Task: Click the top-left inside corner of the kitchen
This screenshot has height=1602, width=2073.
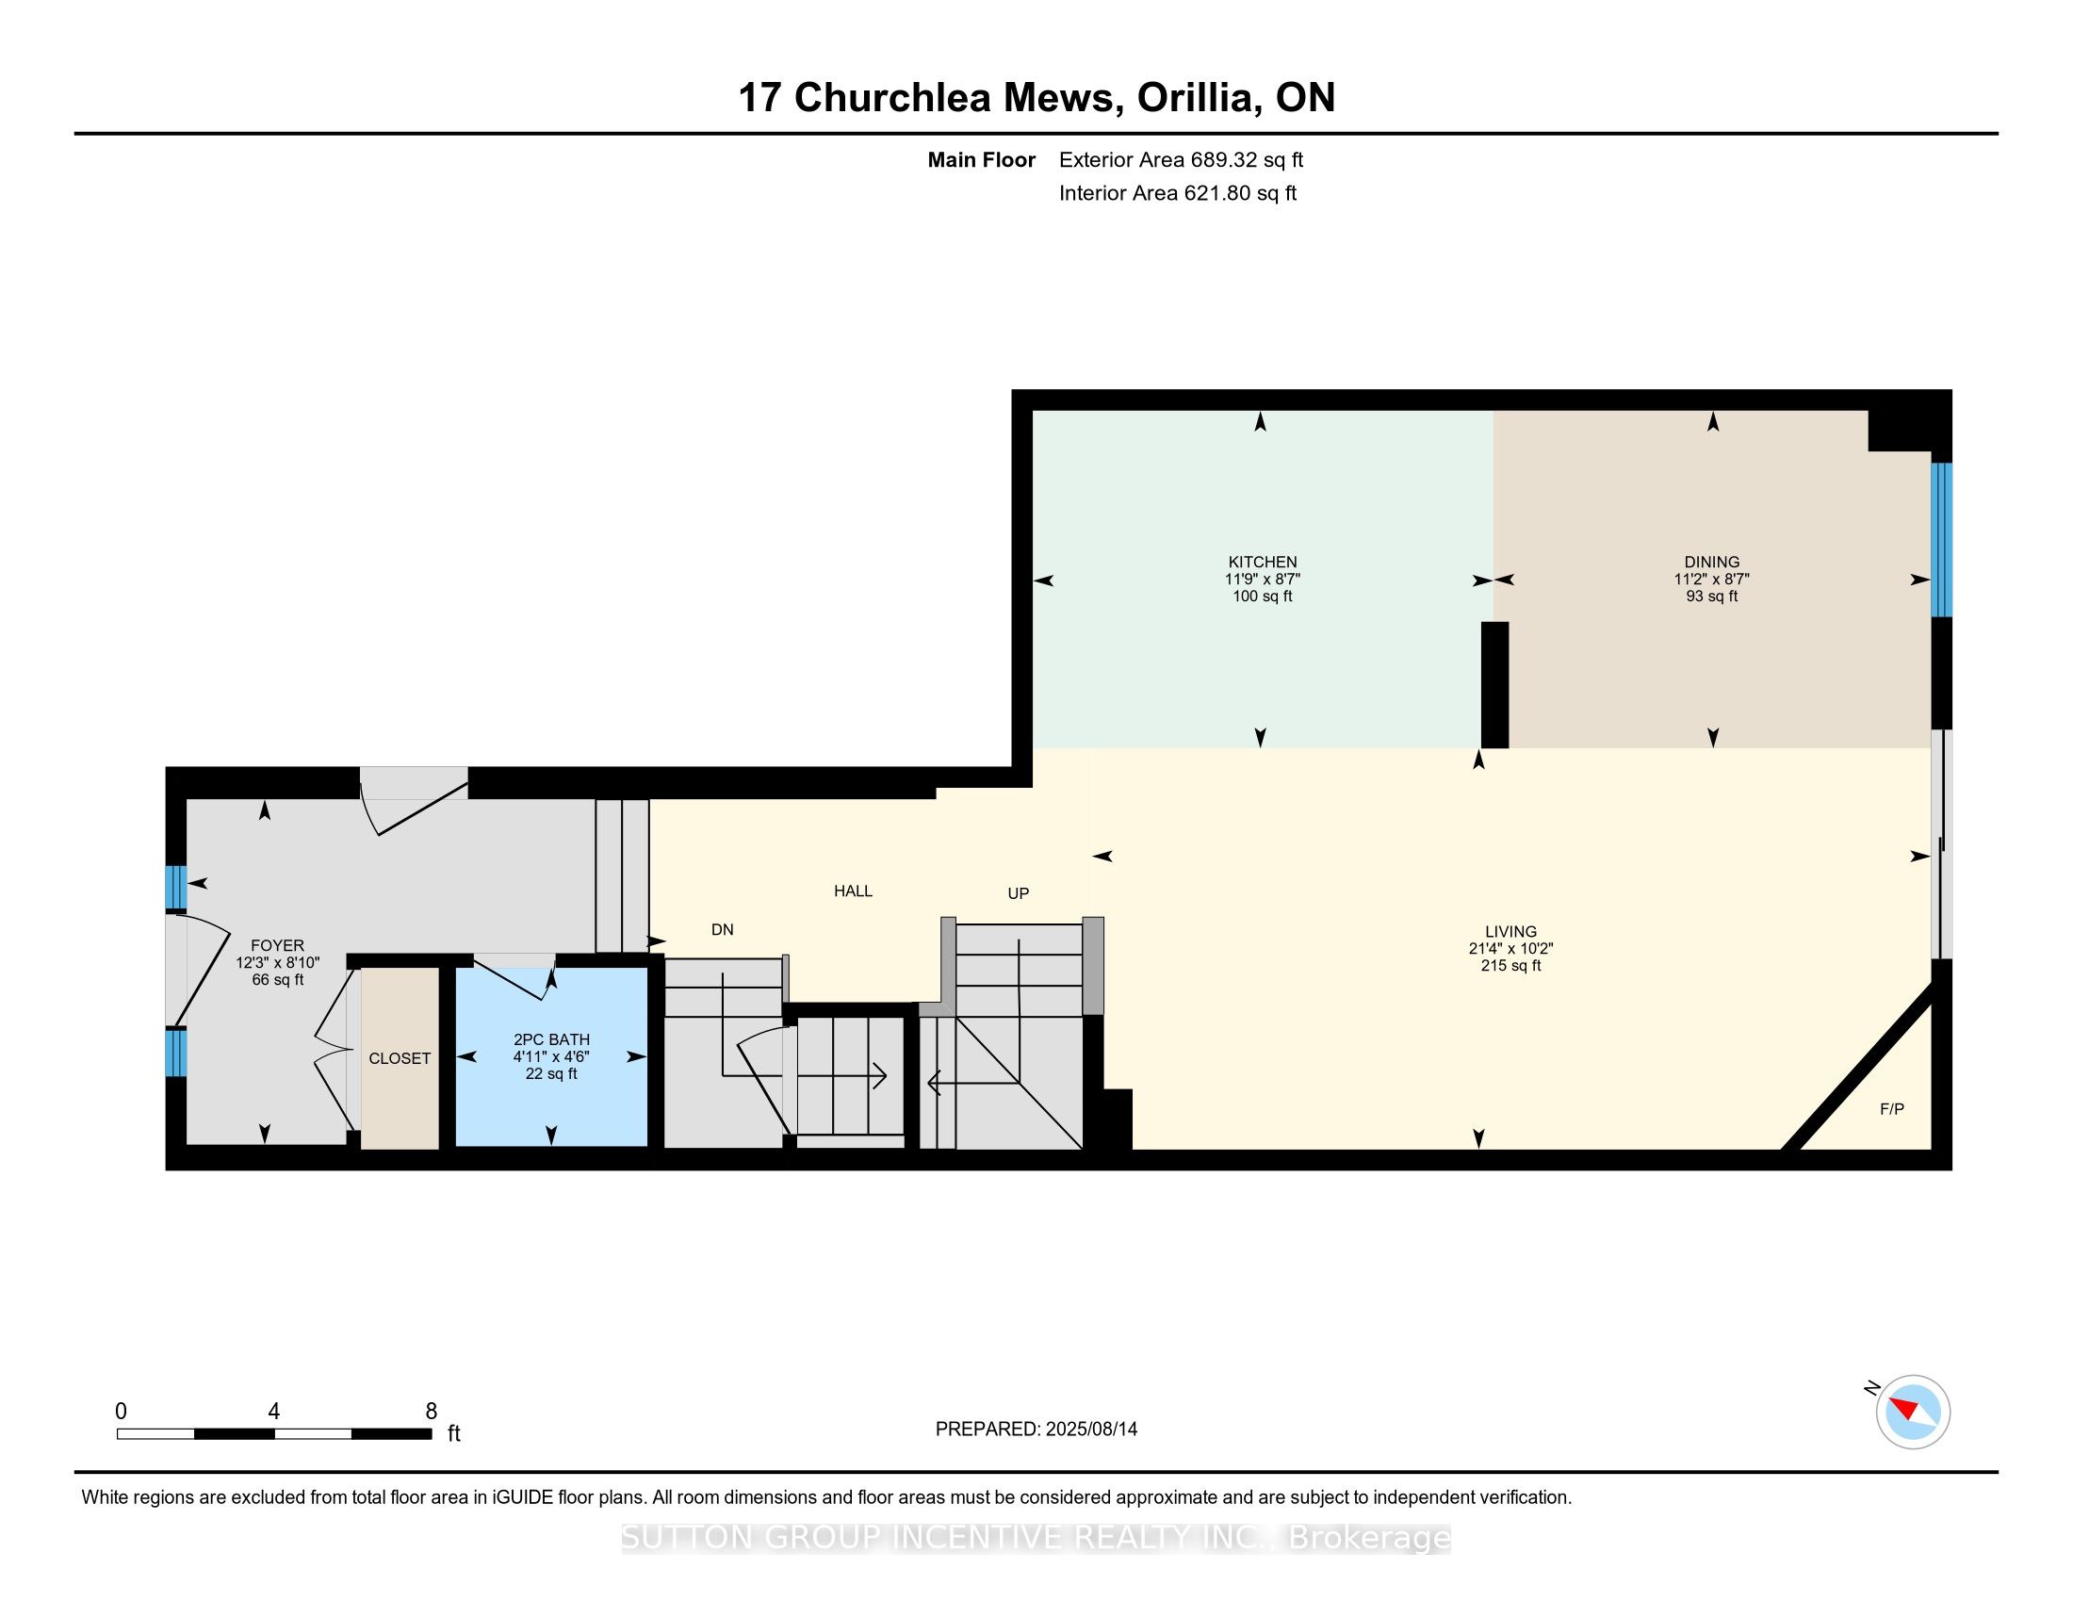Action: [x=1033, y=410]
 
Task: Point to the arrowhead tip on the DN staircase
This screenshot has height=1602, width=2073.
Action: [x=887, y=1075]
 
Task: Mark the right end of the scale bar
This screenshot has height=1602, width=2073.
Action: [x=432, y=1433]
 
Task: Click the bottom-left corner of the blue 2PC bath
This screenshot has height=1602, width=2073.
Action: [x=457, y=1147]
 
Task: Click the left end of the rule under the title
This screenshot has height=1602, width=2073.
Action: [x=75, y=134]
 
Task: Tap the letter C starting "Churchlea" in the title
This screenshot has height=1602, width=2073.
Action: [x=808, y=98]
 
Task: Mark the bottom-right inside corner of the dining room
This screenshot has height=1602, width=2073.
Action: [x=1932, y=748]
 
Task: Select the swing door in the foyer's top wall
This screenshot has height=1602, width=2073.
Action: [x=415, y=800]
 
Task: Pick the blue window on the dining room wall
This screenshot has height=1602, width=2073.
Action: [x=1942, y=540]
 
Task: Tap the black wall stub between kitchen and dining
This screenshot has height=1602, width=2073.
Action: [x=1495, y=684]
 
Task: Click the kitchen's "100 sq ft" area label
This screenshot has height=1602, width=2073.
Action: [x=1263, y=596]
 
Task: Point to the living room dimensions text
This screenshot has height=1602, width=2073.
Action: [x=1511, y=948]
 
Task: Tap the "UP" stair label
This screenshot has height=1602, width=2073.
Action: [x=1019, y=893]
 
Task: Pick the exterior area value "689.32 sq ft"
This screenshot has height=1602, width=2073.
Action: [x=1248, y=159]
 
